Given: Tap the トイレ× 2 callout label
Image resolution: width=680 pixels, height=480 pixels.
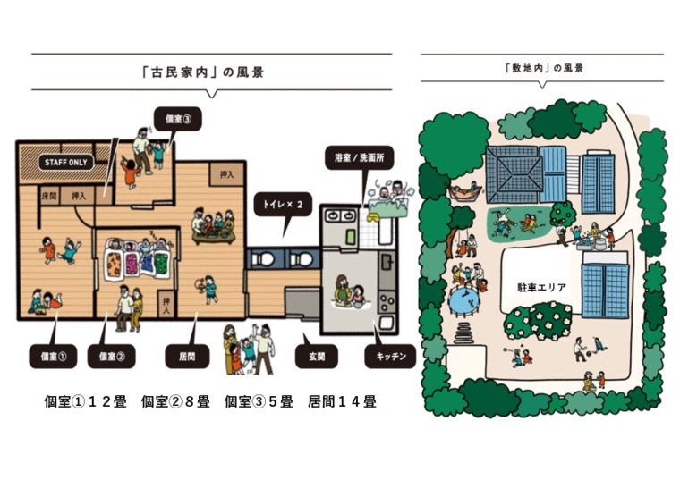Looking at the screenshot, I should point(281,204).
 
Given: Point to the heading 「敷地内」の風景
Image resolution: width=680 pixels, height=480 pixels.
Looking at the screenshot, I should point(542,67).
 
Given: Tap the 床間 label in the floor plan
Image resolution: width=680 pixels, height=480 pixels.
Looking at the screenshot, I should point(49,194).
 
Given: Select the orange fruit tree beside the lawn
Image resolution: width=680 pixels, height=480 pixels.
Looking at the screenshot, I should point(563,215).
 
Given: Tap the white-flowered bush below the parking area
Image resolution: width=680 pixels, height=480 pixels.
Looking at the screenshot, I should point(537,321).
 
